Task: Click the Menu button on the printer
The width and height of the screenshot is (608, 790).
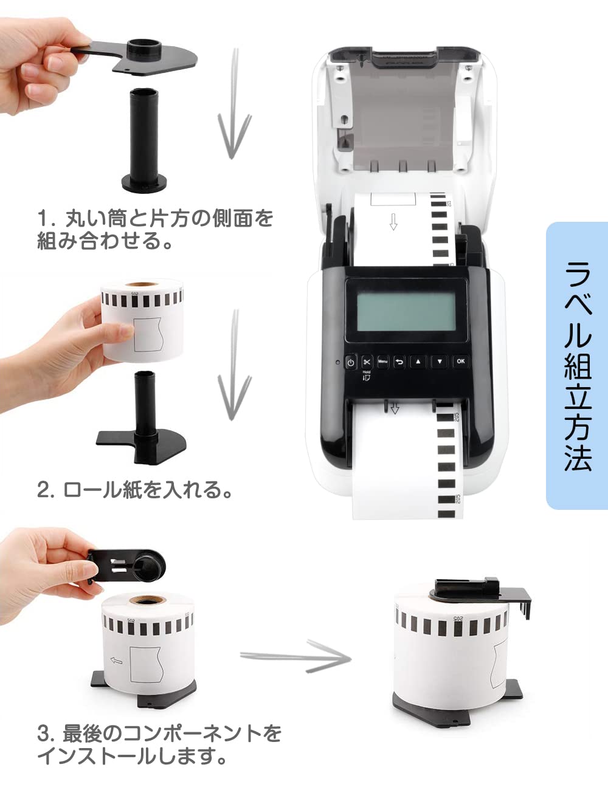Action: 382,362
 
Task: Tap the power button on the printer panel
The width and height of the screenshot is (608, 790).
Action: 350,362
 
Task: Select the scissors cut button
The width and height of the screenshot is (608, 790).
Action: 367,362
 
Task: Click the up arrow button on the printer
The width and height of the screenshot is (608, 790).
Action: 418,362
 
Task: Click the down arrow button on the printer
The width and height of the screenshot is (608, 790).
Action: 440,362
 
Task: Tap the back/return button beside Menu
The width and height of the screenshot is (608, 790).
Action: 399,362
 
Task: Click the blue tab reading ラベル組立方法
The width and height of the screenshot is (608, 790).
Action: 576,365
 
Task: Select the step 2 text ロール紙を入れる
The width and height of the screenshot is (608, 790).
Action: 135,490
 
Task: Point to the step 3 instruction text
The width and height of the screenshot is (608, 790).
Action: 159,744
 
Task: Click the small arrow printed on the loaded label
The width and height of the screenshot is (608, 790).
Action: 393,222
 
